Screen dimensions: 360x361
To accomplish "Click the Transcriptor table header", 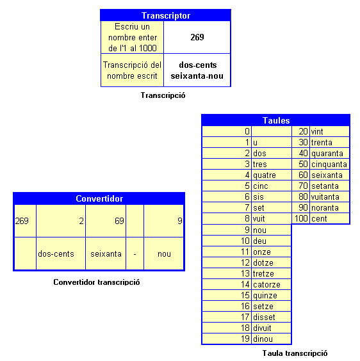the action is coord(165,15).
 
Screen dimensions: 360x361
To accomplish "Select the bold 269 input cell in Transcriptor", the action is coord(197,37).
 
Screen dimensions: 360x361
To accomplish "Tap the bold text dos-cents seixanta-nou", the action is coord(197,70).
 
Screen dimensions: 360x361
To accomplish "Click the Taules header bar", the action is coord(276,120).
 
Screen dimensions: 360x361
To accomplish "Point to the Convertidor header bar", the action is coord(99,198).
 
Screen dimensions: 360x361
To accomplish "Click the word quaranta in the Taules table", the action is coord(327,154).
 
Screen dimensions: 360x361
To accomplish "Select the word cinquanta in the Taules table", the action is coord(329,164).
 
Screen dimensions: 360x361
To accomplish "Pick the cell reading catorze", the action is coord(266,285).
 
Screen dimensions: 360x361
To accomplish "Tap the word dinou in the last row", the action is coord(263,339).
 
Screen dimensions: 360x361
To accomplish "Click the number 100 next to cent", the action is coord(301,218).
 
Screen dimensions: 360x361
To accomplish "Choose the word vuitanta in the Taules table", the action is coord(325,197).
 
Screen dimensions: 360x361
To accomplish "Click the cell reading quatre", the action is coord(265,175).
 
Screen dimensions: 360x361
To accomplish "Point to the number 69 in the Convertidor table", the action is coord(119,221).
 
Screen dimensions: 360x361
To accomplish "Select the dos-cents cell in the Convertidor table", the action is coord(56,253).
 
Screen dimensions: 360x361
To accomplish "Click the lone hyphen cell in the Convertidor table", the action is coord(135,254).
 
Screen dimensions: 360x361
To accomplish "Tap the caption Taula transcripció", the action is coord(295,353).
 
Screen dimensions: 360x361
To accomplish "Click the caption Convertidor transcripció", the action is coord(97,282).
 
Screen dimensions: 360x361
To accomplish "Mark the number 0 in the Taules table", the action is coord(247,131).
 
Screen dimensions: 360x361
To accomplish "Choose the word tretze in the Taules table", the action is coord(263,274).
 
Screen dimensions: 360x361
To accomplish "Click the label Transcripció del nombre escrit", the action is coord(132,70).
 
